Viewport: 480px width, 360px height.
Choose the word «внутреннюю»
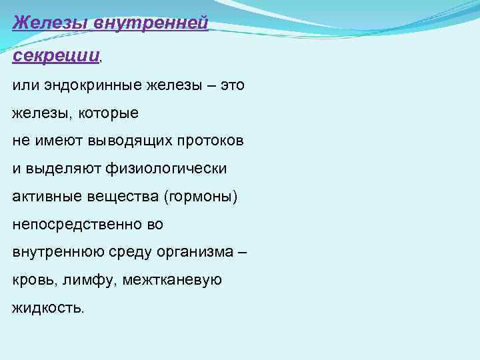click(x=53, y=253)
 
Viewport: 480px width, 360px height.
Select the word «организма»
click(x=193, y=253)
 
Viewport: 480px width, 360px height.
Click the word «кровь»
click(x=33, y=281)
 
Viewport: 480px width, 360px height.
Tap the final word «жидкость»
click(x=47, y=309)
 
